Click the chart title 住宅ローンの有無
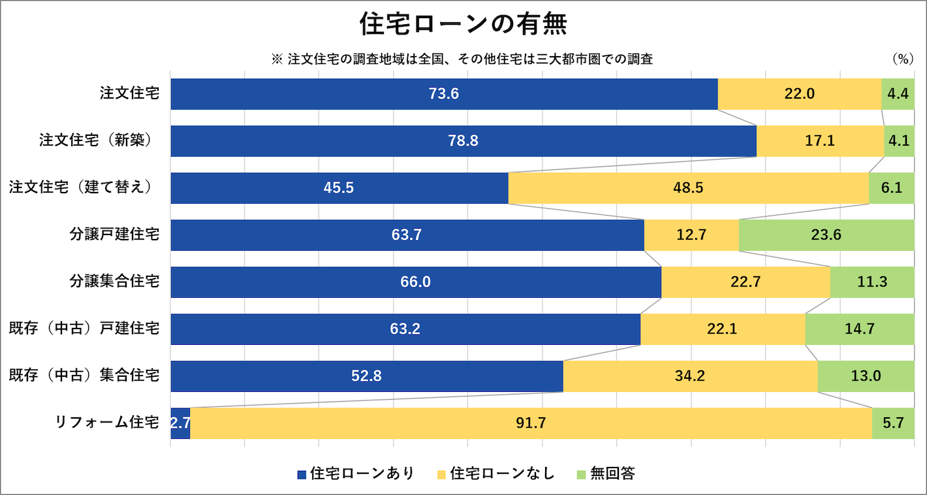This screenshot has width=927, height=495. point(463,25)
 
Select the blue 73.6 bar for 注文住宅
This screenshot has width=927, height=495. point(444,94)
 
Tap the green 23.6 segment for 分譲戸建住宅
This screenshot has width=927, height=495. point(826,235)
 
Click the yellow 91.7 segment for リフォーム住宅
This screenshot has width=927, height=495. point(531,423)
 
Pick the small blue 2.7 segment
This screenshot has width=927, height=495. point(180,423)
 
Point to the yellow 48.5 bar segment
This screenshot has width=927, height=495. point(688,188)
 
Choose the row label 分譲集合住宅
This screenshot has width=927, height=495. point(114,281)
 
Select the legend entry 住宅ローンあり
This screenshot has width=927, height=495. point(356,473)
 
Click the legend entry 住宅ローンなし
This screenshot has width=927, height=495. point(495,473)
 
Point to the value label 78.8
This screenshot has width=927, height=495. point(463,141)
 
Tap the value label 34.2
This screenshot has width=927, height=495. point(690,376)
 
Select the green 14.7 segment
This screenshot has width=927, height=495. point(859,329)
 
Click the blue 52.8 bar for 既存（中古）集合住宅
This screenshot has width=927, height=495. point(366,376)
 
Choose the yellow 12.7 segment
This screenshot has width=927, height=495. point(691,235)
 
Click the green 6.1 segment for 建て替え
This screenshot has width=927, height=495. point(891,188)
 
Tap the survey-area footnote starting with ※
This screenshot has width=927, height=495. point(462,59)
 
